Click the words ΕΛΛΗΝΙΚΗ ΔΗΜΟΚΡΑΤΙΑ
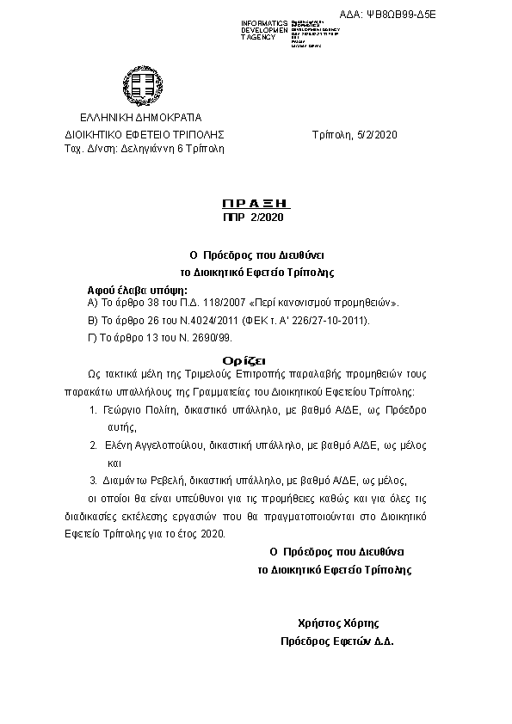pos(140,117)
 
